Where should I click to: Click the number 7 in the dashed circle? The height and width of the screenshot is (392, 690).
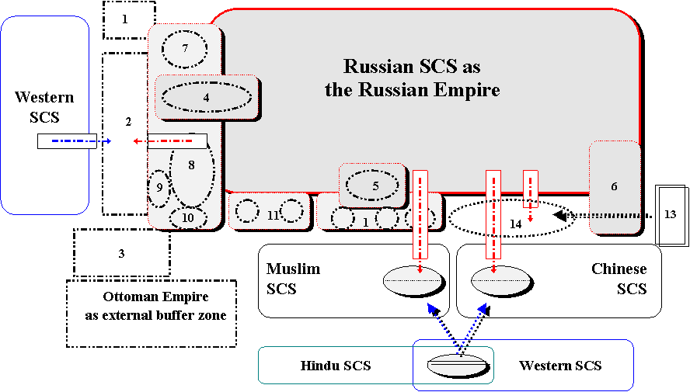tap(185, 49)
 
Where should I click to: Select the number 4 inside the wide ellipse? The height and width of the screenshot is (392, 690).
tap(206, 98)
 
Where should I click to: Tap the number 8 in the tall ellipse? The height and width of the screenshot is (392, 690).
tap(190, 165)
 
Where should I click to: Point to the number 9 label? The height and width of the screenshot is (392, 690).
tap(159, 187)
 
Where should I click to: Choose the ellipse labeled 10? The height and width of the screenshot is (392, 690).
tap(187, 218)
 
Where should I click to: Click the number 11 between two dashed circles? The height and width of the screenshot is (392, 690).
tap(273, 215)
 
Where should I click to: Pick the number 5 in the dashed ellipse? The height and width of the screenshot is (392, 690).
tap(375, 186)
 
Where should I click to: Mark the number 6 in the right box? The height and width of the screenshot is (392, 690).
tap(614, 186)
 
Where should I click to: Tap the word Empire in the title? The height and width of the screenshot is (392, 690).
tap(472, 90)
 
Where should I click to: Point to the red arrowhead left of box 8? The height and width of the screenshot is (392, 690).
tap(136, 141)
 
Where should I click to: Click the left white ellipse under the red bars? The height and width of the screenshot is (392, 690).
tap(413, 280)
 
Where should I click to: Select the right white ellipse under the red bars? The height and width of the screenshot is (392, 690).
tap(500, 280)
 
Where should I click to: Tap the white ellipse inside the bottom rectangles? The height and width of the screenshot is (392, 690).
tap(457, 365)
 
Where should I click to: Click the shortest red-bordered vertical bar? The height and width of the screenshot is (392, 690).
tap(531, 188)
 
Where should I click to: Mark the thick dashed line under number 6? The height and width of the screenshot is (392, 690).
tap(615, 215)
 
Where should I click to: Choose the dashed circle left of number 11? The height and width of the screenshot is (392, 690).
tap(247, 210)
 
